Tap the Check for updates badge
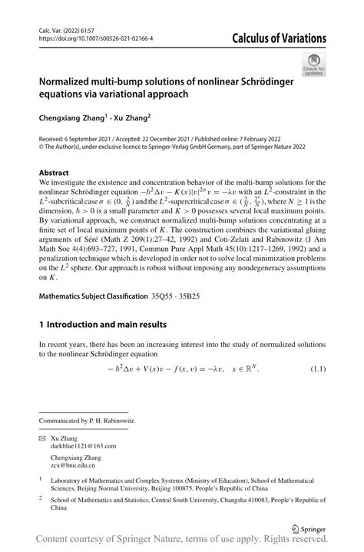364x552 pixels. [315, 64]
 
